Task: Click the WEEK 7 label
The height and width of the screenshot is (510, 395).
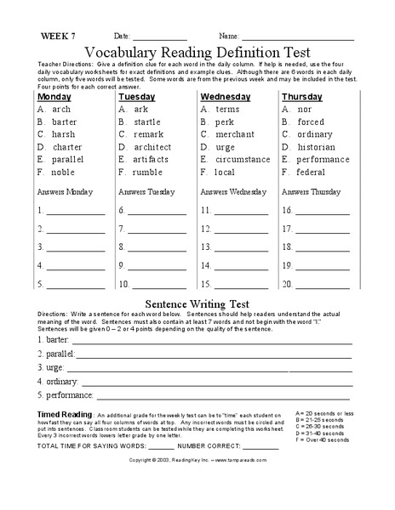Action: pos(58,37)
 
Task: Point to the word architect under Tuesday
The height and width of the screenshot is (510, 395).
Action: pos(152,147)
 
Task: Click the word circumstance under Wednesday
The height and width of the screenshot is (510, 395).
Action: pos(243,159)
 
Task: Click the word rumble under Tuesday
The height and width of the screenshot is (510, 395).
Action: pos(146,172)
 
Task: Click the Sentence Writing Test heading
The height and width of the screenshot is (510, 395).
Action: pos(197,303)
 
